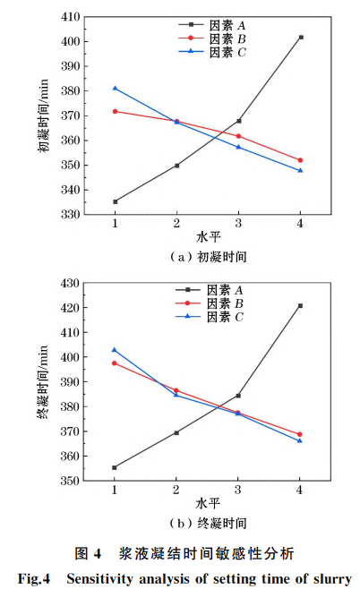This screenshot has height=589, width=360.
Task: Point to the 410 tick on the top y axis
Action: [68, 17]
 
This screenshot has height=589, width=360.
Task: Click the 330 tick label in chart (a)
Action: [68, 215]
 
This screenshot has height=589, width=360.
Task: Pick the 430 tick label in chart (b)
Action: [68, 283]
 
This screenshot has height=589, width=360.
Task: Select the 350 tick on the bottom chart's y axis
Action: [68, 481]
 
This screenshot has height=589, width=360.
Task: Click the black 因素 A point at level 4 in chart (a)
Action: [301, 37]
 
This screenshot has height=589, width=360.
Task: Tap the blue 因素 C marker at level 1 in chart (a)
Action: [116, 88]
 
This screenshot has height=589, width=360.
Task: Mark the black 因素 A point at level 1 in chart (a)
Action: [116, 201]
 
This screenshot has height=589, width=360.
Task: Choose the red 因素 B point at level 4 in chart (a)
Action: [301, 160]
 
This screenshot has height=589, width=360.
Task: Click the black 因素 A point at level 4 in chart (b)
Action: [301, 305]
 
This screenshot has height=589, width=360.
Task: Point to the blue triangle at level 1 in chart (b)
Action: [116, 349]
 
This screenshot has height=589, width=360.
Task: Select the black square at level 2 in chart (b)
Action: [177, 432]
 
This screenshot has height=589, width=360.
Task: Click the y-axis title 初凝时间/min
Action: [43, 117]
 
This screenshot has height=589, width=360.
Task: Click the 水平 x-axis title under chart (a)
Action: [208, 237]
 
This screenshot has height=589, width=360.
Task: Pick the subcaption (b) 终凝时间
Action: [207, 523]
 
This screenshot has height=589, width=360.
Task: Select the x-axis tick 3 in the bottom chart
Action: [238, 491]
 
